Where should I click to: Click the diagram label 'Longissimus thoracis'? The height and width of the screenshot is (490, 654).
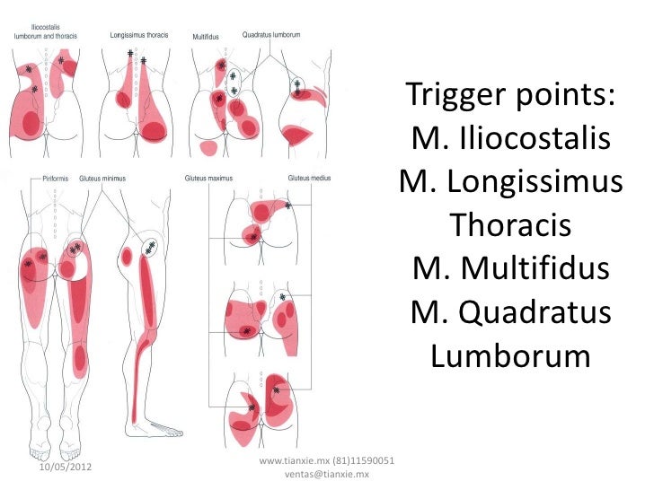pos(138,35)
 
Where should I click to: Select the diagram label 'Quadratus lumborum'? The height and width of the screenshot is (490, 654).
pos(271,34)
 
